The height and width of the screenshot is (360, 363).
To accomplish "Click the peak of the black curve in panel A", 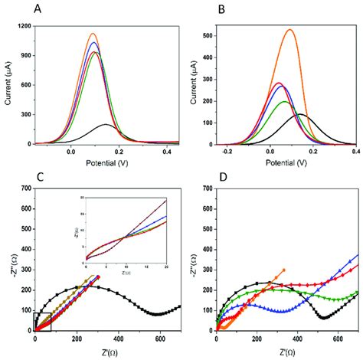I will tap(106, 124).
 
